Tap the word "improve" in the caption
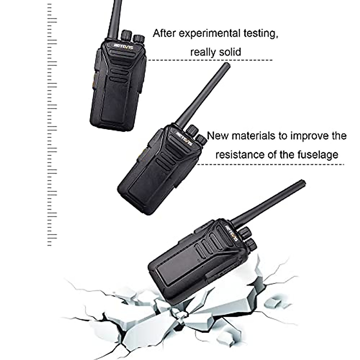(310, 136)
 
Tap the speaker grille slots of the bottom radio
(207, 244)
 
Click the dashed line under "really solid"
(210, 60)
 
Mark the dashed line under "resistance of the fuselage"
(270, 164)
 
